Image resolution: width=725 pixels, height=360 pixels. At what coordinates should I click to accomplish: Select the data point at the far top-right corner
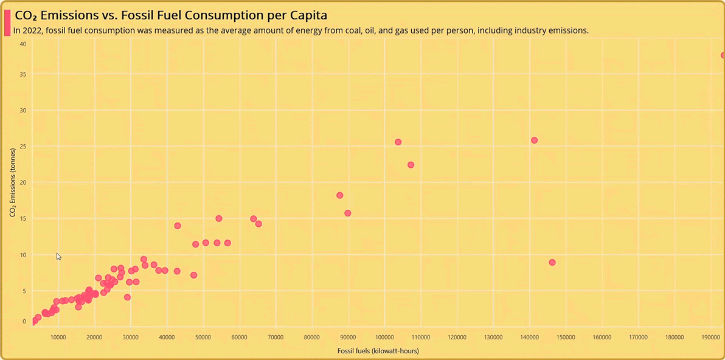pyautogui.click(x=723, y=55)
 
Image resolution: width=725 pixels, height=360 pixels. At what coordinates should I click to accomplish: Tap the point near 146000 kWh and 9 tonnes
pyautogui.click(x=552, y=263)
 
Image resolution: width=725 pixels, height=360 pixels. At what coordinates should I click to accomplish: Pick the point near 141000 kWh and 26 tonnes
pyautogui.click(x=534, y=140)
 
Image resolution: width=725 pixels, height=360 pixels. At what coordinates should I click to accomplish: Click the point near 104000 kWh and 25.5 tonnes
pyautogui.click(x=398, y=142)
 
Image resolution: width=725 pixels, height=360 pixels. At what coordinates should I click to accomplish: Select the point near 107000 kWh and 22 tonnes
pyautogui.click(x=411, y=165)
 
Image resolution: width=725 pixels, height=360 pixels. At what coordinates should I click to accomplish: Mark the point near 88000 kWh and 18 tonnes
pyautogui.click(x=340, y=195)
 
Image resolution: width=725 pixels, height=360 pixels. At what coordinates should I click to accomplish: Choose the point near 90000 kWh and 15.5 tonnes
pyautogui.click(x=348, y=213)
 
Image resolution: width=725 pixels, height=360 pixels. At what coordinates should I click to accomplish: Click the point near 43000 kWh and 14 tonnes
pyautogui.click(x=178, y=226)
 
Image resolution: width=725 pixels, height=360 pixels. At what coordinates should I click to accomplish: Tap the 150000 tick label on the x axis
pyautogui.click(x=566, y=337)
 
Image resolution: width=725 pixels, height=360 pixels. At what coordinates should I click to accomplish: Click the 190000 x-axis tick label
pyautogui.click(x=710, y=337)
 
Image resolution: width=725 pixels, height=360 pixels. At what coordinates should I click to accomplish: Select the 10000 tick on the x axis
pyautogui.click(x=58, y=337)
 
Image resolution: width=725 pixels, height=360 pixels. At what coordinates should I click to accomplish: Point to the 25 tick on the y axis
pyautogui.click(x=23, y=147)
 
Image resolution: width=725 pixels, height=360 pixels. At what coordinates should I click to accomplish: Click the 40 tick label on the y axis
pyautogui.click(x=23, y=44)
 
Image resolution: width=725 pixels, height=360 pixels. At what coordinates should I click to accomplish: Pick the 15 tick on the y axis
pyautogui.click(x=23, y=218)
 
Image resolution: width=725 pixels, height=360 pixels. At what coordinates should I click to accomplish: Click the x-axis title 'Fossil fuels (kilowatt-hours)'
pyautogui.click(x=378, y=351)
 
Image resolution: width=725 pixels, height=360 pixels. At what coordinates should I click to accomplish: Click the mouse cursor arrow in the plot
pyautogui.click(x=58, y=257)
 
